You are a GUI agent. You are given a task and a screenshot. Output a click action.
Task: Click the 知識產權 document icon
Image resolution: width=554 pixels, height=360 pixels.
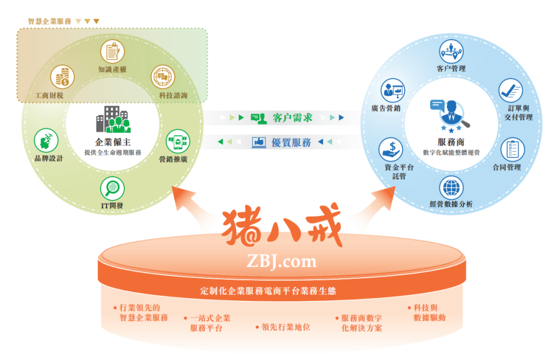click(112, 51)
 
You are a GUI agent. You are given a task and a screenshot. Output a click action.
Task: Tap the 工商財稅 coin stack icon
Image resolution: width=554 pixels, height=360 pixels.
click(62, 77)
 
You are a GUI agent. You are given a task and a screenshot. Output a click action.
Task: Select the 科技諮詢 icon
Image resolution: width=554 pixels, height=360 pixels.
click(163, 77)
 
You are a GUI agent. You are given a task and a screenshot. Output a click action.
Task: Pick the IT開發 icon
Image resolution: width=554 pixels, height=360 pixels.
click(112, 188)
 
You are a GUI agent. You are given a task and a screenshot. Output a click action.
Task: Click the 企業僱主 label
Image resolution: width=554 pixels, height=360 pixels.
click(112, 143)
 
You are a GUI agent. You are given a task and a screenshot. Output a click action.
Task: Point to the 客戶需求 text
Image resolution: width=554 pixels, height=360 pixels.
click(292, 118)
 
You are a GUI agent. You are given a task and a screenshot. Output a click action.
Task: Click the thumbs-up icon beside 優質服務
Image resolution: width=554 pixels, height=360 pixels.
click(259, 142)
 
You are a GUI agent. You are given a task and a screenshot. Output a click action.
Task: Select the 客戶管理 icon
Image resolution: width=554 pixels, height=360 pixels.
click(451, 52)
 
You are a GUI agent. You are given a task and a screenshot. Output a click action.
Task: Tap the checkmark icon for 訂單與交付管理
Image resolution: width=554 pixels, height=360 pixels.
click(510, 90)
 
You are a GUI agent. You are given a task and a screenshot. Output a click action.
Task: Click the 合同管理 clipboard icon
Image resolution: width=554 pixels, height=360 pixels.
click(513, 150)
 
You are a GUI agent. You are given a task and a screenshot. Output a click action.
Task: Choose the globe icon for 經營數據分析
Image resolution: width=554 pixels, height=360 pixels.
click(451, 187)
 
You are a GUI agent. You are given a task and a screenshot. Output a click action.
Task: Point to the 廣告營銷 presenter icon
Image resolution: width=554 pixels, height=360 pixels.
click(393, 90)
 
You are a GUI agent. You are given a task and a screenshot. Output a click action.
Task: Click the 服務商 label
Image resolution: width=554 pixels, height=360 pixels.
click(452, 143)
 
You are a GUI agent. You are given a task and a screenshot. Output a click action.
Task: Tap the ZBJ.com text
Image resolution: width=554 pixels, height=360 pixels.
click(282, 261)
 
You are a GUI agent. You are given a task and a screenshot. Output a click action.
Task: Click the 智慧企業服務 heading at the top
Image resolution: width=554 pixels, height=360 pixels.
click(49, 21)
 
